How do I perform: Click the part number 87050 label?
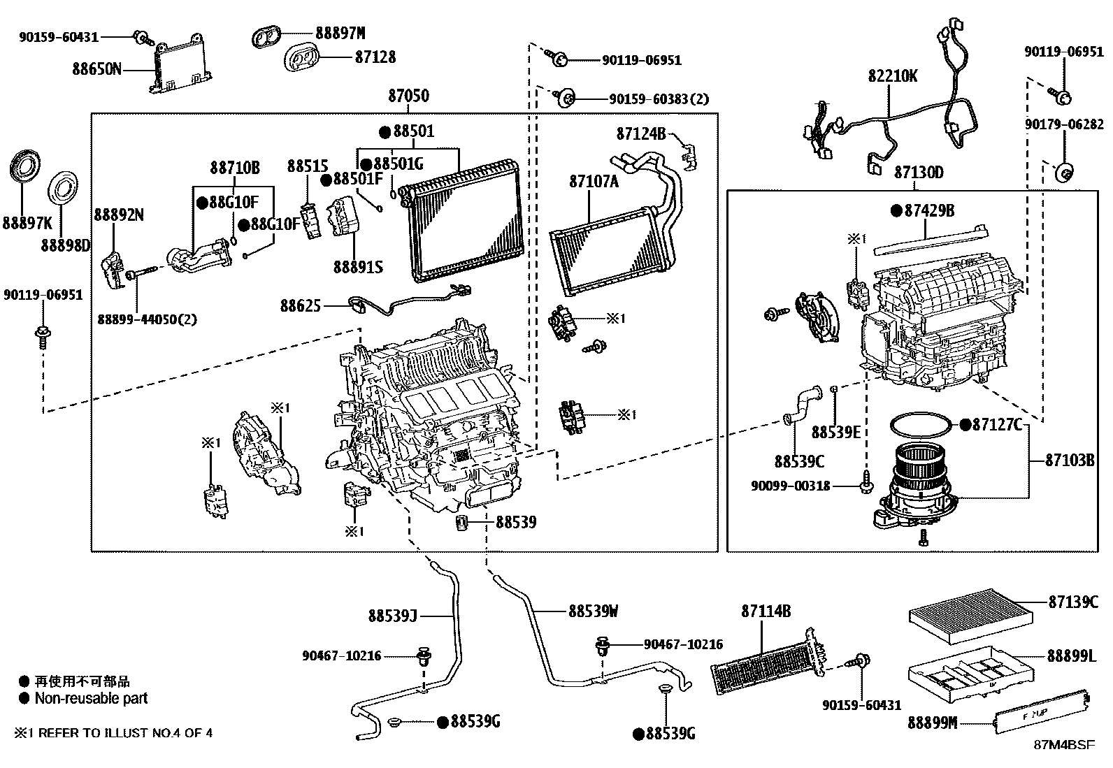(409, 96)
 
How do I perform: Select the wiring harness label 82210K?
(893, 76)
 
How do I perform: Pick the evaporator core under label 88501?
(461, 220)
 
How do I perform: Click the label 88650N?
(96, 69)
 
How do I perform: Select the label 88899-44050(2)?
(147, 319)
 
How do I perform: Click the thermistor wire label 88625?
(301, 305)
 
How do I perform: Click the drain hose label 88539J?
(392, 616)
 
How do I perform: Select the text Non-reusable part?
(91, 698)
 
